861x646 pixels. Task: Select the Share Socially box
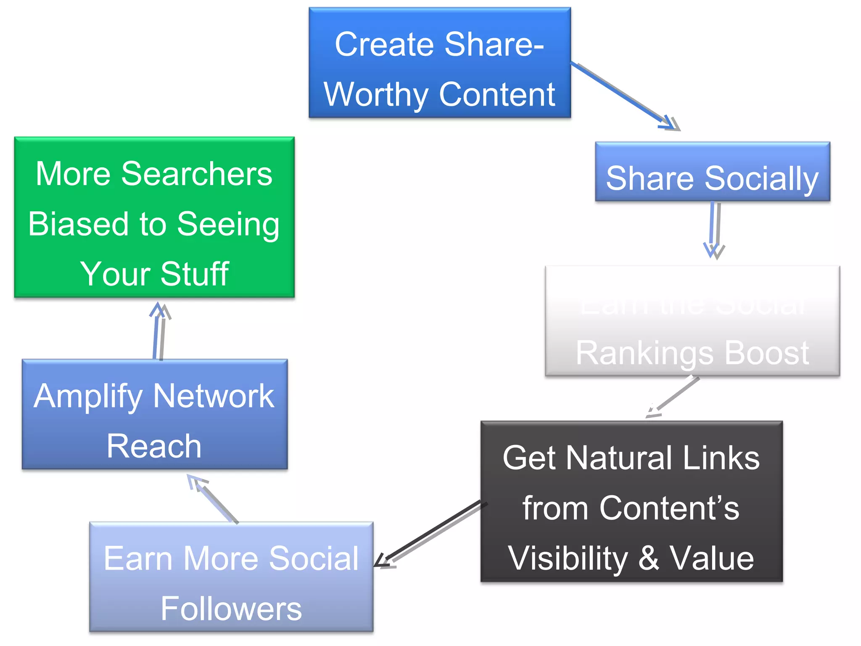(x=712, y=172)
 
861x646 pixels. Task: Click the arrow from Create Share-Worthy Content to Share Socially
(x=622, y=95)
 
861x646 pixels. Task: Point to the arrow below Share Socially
(x=714, y=229)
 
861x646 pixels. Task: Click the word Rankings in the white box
(x=644, y=353)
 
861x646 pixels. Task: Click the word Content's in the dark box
(x=669, y=508)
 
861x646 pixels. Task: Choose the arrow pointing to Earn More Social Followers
(x=429, y=534)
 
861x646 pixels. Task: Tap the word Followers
(x=231, y=609)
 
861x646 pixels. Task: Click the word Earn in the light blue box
(x=138, y=559)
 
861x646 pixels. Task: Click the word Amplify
(x=88, y=397)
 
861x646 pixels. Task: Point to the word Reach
(x=154, y=446)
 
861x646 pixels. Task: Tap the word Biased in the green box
(x=78, y=224)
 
